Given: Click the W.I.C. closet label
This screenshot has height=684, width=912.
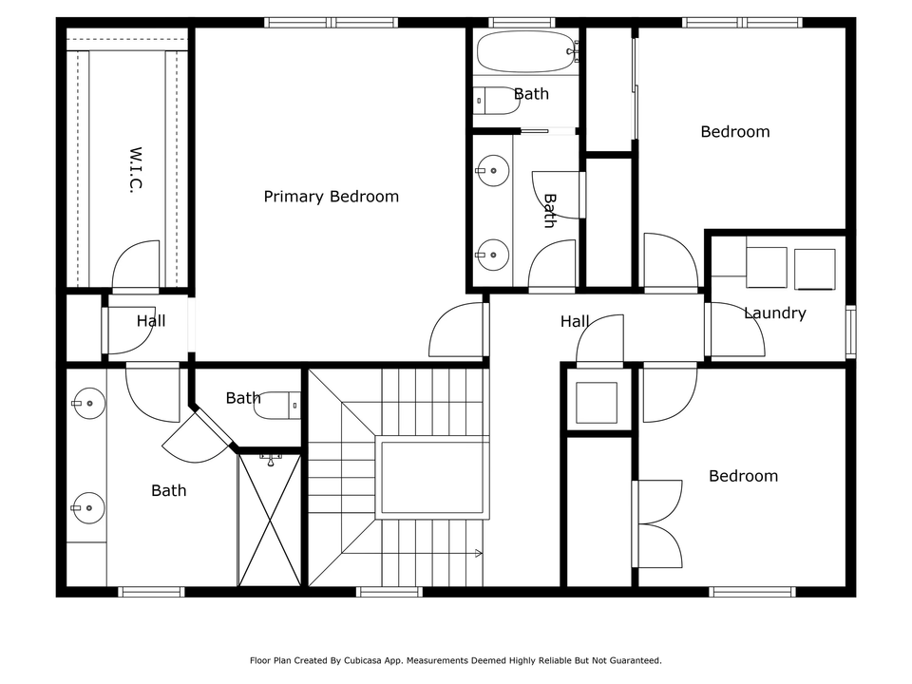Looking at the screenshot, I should pyautogui.click(x=135, y=170).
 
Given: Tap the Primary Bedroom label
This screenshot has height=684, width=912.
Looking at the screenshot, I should pyautogui.click(x=331, y=197).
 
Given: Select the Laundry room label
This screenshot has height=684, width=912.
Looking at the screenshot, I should pyautogui.click(x=774, y=313).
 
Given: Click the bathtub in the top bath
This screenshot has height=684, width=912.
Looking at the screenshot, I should pyautogui.click(x=525, y=50).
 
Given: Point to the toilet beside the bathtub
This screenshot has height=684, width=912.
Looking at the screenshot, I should pyautogui.click(x=496, y=100).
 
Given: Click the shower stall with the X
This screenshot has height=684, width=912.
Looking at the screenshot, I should pyautogui.click(x=270, y=520).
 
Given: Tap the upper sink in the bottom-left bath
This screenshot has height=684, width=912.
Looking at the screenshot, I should pyautogui.click(x=88, y=403).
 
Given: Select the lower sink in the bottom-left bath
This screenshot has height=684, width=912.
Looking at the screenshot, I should pyautogui.click(x=88, y=508).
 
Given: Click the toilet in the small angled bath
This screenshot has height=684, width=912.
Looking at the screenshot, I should pyautogui.click(x=281, y=405).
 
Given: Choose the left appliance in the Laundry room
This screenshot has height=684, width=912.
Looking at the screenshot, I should pyautogui.click(x=767, y=267).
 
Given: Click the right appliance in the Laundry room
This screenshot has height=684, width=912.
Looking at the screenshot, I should pyautogui.click(x=814, y=269).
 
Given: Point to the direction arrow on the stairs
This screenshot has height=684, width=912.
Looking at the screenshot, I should pyautogui.click(x=475, y=553).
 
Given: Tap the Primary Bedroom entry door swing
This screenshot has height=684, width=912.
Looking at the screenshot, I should pyautogui.click(x=459, y=331).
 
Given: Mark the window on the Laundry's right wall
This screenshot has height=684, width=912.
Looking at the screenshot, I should pyautogui.click(x=850, y=331).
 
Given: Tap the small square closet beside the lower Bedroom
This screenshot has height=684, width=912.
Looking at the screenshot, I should pyautogui.click(x=597, y=402).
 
